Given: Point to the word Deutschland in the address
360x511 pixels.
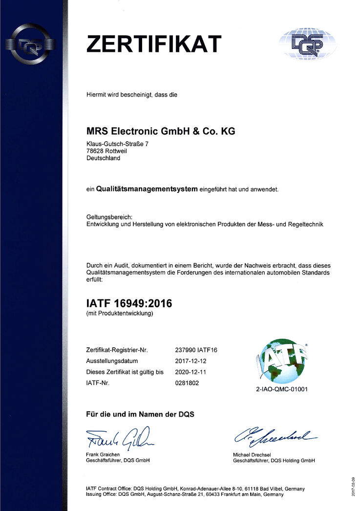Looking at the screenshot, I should pos(103,158).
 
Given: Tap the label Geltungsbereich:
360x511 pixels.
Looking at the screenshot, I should pos(106,217).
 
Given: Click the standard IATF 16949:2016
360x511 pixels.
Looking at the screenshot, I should pos(129,303).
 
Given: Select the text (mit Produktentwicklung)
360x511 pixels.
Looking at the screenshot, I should pos(120,314).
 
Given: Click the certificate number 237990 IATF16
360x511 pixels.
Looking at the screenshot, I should pos(195,350).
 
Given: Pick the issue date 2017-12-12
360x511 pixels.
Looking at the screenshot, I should pos(191,361).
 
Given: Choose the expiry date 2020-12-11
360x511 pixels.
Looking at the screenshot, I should pos(191,372).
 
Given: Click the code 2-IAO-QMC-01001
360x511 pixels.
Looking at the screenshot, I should pos(282,390).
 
